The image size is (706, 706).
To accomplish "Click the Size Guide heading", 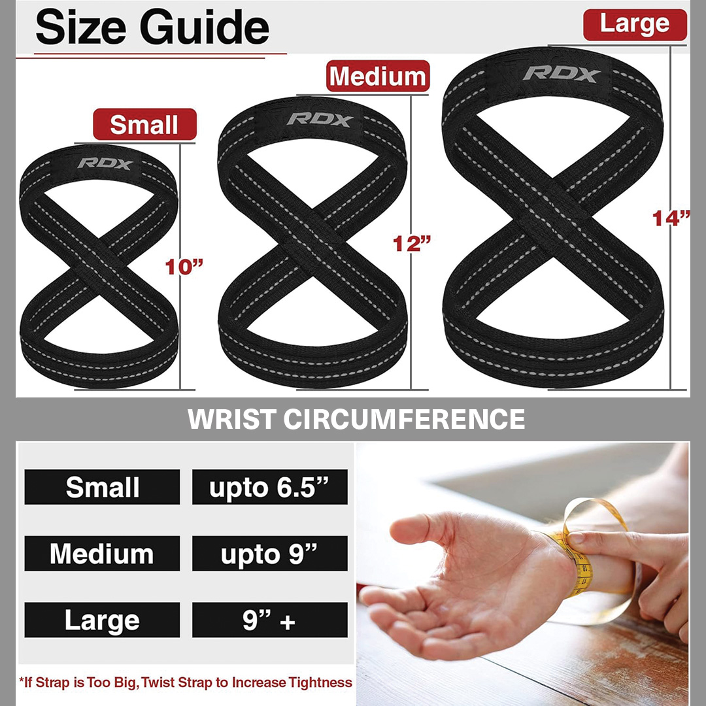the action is click(x=152, y=28).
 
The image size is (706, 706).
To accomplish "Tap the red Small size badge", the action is click(x=144, y=124).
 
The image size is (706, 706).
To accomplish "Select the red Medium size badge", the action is click(x=378, y=76).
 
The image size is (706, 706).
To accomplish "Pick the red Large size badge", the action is click(x=635, y=24).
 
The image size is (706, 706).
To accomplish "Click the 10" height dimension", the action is click(x=184, y=267).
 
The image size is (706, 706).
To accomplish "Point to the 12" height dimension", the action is click(x=412, y=244).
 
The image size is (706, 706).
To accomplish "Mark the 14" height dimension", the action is click(x=671, y=218).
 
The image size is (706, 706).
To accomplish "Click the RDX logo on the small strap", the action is click(x=105, y=164).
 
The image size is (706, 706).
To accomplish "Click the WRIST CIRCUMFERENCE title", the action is click(x=356, y=419).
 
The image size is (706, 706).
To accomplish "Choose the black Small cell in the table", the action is click(x=102, y=487).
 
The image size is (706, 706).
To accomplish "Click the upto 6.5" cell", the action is click(x=270, y=487).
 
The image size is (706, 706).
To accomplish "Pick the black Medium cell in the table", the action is click(x=102, y=554).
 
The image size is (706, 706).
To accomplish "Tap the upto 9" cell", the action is click(x=270, y=554).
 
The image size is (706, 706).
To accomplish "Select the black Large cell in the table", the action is click(x=102, y=620).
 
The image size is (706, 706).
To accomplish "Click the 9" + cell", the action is click(x=270, y=620).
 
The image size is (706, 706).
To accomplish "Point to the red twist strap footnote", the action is click(x=186, y=682).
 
